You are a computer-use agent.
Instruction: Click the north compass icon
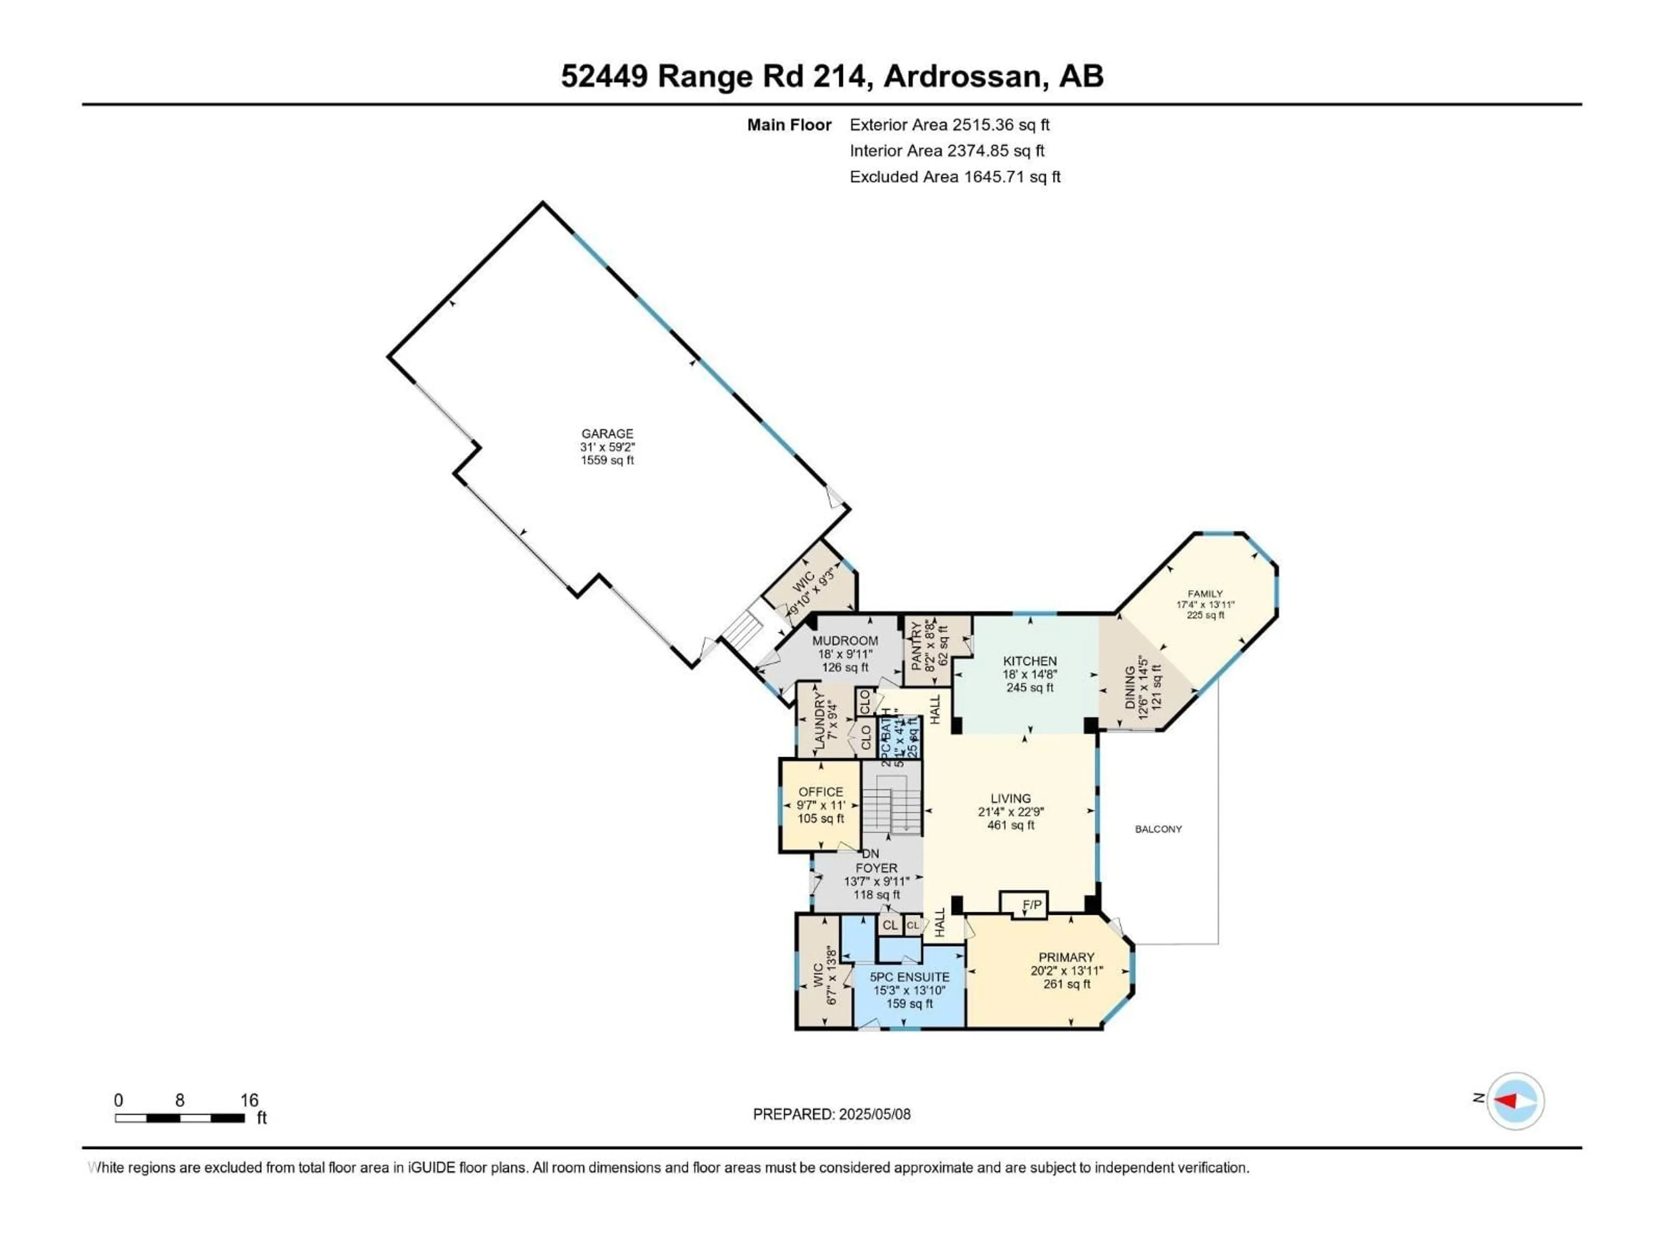click(1515, 1101)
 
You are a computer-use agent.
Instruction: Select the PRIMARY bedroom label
click(1066, 957)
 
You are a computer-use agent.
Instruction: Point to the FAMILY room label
click(1205, 593)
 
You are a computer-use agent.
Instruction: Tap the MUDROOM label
click(845, 641)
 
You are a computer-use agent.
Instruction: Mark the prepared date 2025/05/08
click(831, 1114)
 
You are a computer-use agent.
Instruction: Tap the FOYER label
click(876, 868)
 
